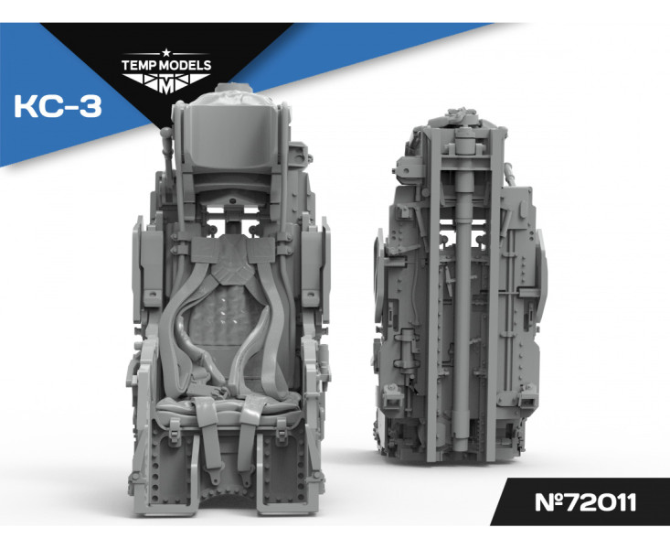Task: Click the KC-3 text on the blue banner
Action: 58,106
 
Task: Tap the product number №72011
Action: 585,502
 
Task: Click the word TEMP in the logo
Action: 139,66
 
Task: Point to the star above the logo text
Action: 166,53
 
